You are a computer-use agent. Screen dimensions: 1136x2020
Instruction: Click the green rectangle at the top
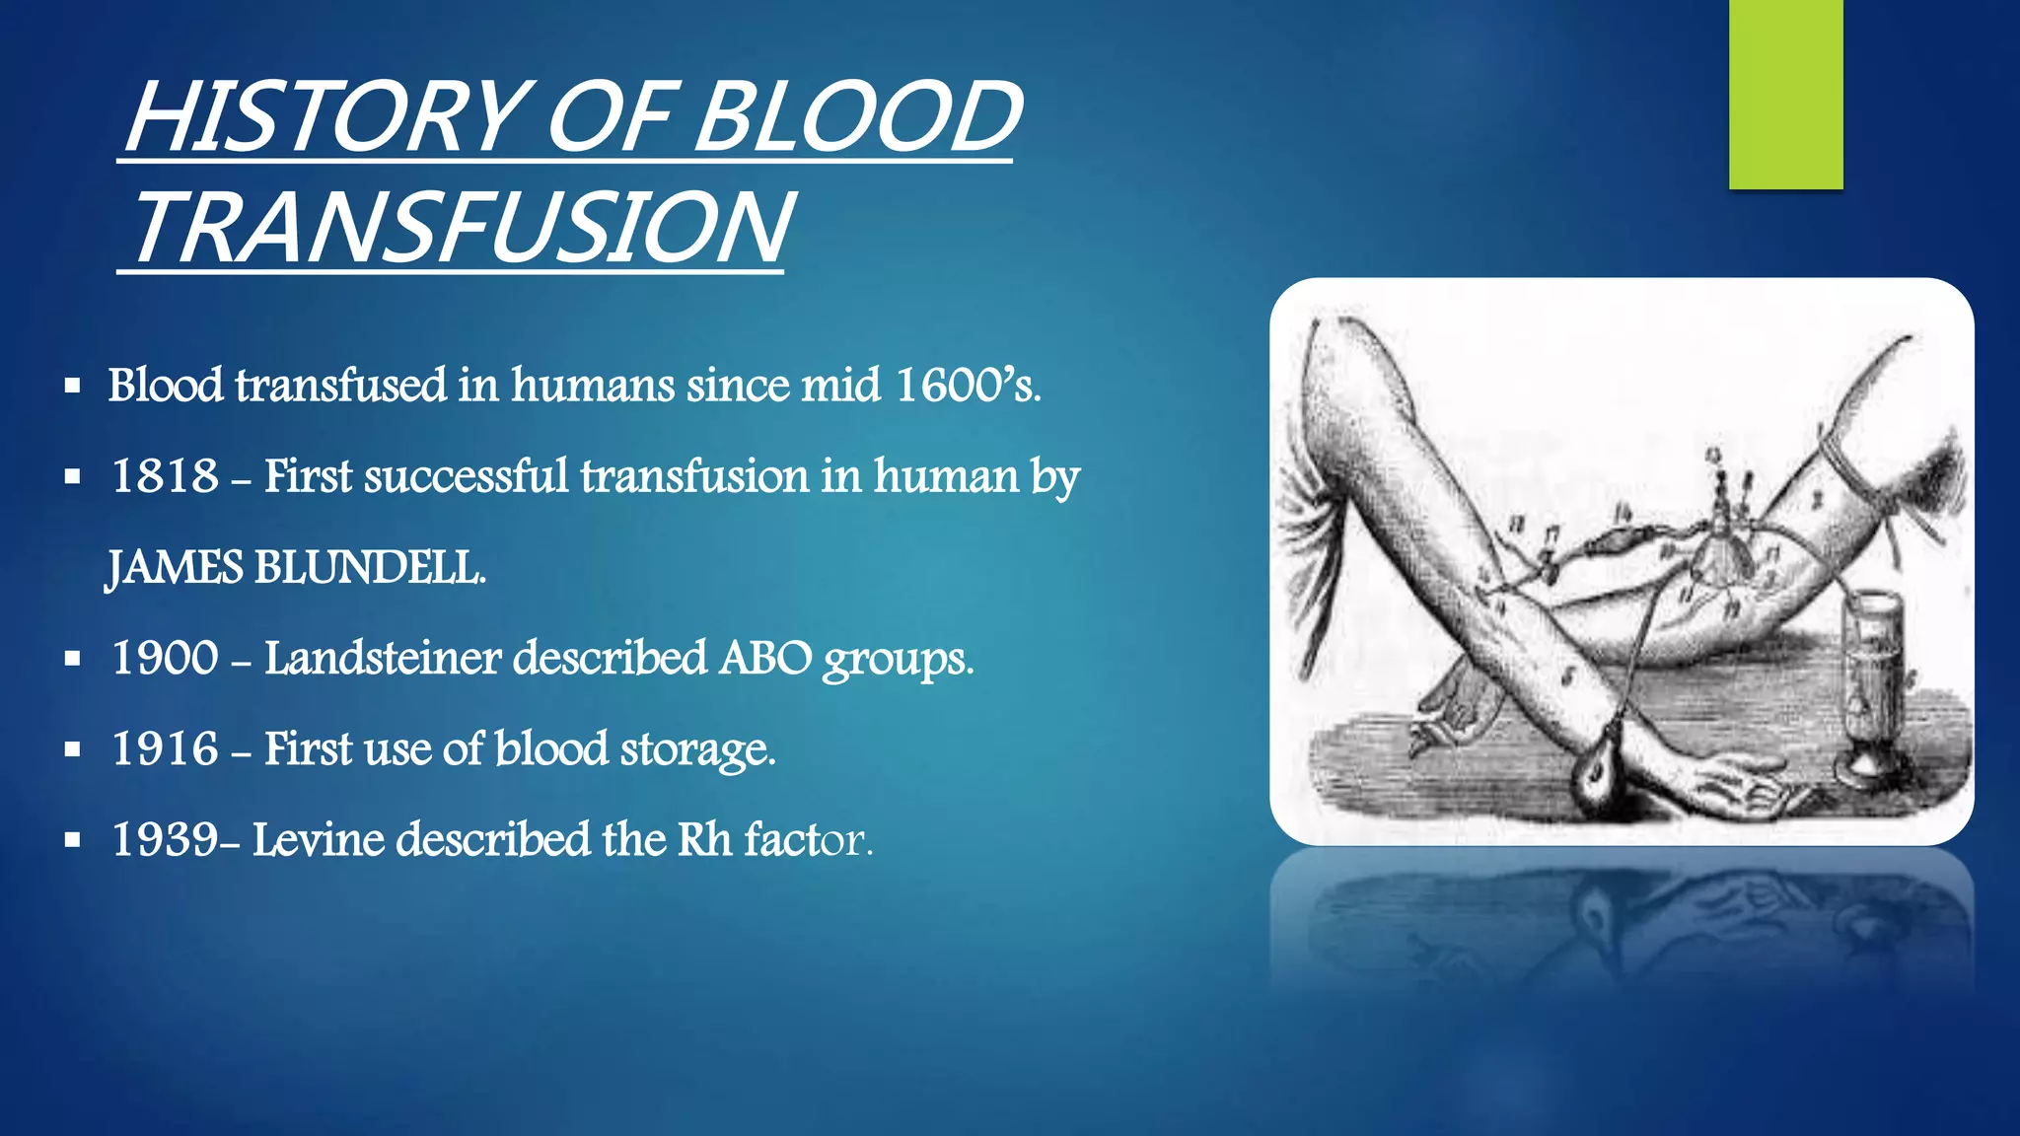click(x=1785, y=94)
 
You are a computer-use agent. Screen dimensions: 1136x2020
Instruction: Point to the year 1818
click(x=165, y=476)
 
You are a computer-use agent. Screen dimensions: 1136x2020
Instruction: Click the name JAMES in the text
click(x=174, y=568)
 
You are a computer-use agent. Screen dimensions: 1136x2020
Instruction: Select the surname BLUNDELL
click(x=370, y=568)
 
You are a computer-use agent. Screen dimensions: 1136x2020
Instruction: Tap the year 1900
click(x=165, y=659)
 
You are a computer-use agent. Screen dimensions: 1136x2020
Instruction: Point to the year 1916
click(x=165, y=749)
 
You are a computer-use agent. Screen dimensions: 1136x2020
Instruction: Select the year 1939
click(x=165, y=840)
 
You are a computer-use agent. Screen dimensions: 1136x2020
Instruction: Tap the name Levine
click(x=318, y=840)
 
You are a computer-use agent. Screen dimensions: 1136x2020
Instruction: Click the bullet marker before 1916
click(x=72, y=749)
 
